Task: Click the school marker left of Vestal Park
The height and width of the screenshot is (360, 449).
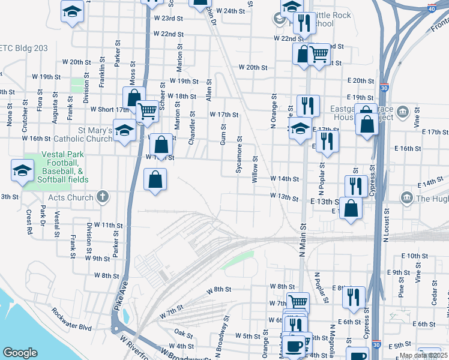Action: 22,171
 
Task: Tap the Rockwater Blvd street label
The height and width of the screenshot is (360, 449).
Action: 71,328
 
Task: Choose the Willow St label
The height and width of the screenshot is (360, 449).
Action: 255,169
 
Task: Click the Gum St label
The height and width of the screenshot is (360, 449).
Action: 223,134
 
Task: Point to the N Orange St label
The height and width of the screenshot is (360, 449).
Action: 274,110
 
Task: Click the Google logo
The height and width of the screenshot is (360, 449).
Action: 20,353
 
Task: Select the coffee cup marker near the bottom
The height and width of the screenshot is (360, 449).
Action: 294,346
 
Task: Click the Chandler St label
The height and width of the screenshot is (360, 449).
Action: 192,127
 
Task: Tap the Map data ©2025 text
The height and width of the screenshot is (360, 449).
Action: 423,355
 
